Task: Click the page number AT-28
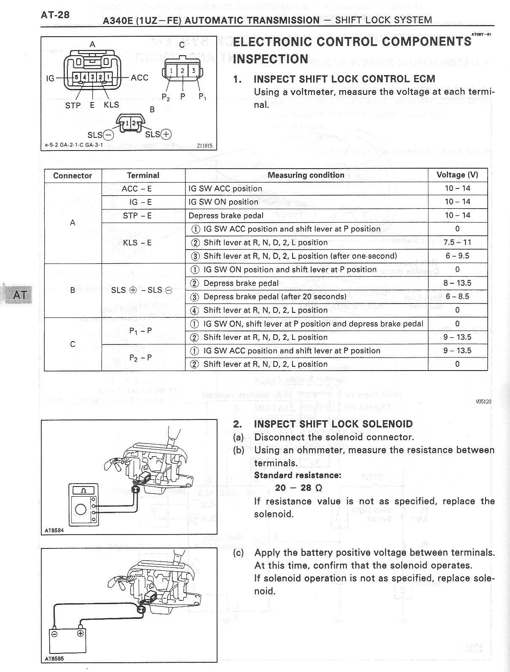pos(55,15)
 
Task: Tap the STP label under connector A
pos(73,105)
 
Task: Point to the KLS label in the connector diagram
pos(111,105)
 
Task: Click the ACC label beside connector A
pos(140,78)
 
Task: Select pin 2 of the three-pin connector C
pos(182,71)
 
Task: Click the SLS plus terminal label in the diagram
pos(158,134)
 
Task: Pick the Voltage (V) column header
pos(457,175)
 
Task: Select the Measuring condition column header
pos(306,175)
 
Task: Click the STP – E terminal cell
pos(137,215)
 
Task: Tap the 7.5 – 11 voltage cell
pos(457,242)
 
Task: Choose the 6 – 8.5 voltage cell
pos(457,296)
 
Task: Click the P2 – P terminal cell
pos(141,358)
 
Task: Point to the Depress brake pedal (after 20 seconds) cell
pos(275,296)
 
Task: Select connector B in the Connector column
pos(72,290)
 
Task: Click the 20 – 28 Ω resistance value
pos(298,488)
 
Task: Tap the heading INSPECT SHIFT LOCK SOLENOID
pos(333,424)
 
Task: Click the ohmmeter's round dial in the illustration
pos(81,510)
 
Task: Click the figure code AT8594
pos(54,530)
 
